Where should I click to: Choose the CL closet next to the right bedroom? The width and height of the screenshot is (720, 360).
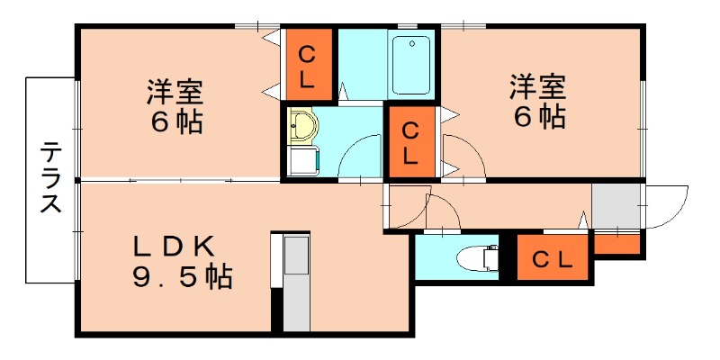(410, 142)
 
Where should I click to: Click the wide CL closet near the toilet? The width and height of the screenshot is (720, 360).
(552, 260)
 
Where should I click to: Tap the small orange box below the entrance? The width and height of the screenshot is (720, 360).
(618, 243)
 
